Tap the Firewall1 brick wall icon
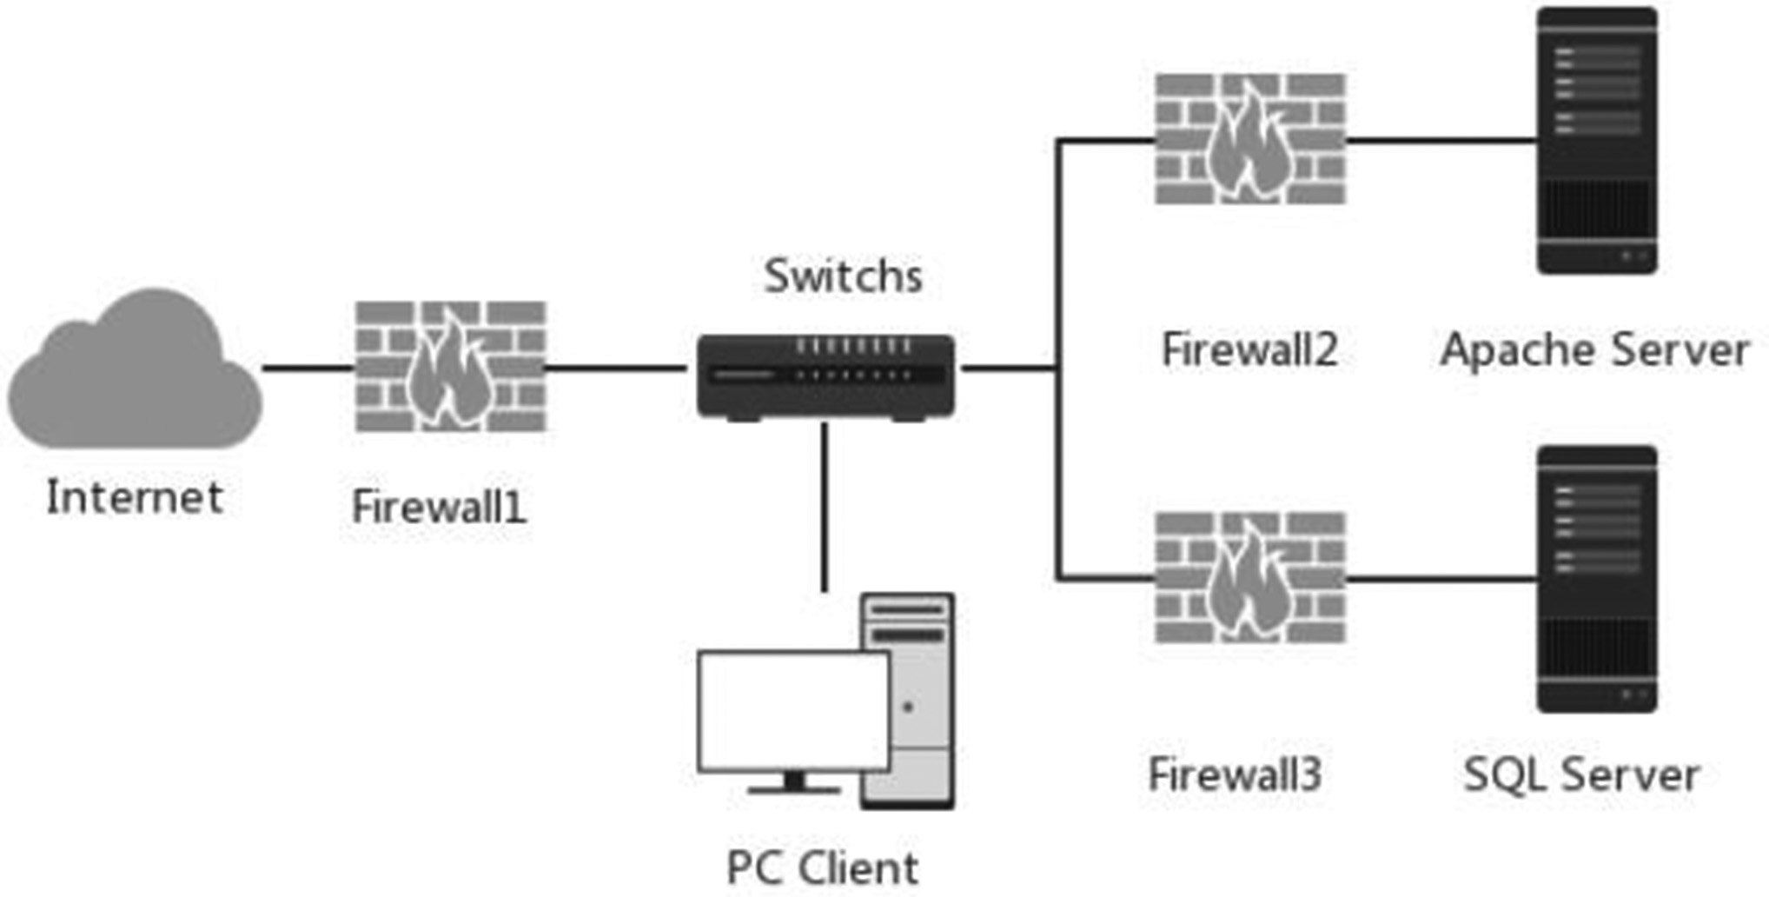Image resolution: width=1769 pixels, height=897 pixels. pos(451,366)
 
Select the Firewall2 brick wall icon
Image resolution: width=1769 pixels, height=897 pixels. pos(1250,139)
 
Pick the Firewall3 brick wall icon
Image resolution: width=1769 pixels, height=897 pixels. pos(1250,578)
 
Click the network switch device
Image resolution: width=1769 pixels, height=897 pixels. pos(825,376)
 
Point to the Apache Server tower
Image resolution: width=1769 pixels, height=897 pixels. pos(1597,141)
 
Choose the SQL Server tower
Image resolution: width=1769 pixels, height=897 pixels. pos(1597,580)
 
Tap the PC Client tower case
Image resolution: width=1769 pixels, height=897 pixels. pos(908,701)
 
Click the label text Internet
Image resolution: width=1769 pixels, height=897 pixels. pos(135,498)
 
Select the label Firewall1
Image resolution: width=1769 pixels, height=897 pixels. pos(439,507)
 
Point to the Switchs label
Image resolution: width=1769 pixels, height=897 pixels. pos(843,276)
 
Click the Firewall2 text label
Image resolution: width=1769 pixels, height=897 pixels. pos(1249,349)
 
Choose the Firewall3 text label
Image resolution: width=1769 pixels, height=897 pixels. pos(1235,774)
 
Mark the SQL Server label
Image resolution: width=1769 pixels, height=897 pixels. pos(1581,774)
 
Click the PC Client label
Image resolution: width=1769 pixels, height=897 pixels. pos(822,867)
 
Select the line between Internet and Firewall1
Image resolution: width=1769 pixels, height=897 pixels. pos(308,369)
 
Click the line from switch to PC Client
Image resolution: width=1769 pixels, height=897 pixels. pos(825,507)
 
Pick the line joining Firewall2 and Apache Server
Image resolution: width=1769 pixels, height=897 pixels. pos(1441,139)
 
